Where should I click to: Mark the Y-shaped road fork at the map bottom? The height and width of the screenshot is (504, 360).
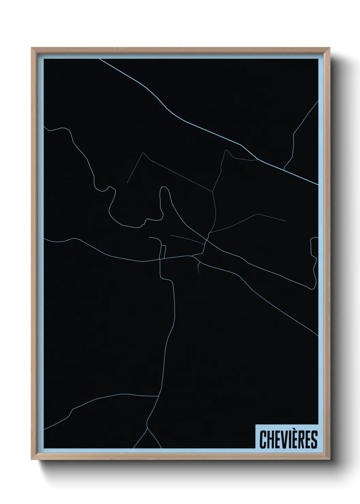(x=147, y=429)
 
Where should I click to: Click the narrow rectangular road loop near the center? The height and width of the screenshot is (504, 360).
(x=163, y=252)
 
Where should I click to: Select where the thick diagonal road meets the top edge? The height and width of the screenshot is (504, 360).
(x=99, y=59)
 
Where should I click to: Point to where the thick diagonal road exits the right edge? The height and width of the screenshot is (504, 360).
(x=317, y=185)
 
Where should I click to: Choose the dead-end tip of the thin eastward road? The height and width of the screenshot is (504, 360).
(x=285, y=221)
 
